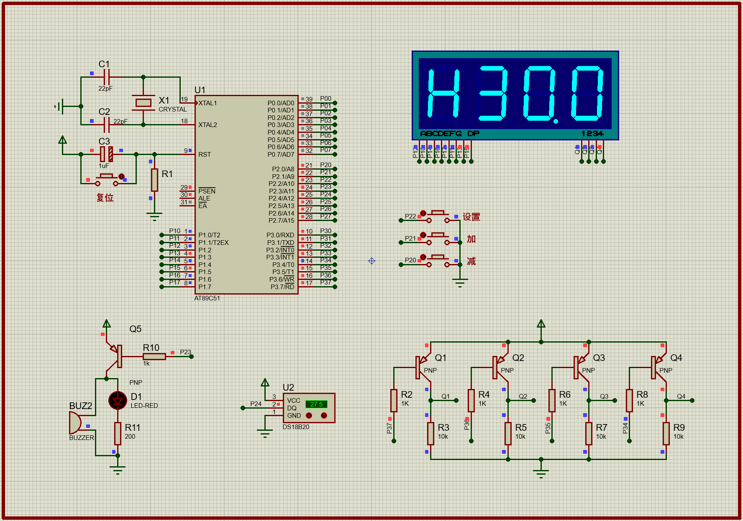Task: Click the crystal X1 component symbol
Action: coord(143,102)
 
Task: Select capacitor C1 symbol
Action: coord(107,77)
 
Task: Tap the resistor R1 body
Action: coord(154,180)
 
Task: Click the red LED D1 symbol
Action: coord(118,401)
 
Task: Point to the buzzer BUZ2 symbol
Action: coord(75,422)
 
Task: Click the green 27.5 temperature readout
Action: coord(316,404)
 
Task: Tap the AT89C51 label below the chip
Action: coord(207,298)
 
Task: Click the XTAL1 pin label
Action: coord(208,103)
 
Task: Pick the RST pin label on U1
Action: coord(205,155)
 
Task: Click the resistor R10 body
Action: coord(154,356)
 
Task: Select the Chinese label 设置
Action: coord(471,217)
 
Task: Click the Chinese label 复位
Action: coord(105,198)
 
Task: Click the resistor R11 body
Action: coord(118,433)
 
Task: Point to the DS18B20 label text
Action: coord(296,427)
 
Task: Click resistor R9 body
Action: coord(666,433)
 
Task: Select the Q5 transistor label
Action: coord(135,329)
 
